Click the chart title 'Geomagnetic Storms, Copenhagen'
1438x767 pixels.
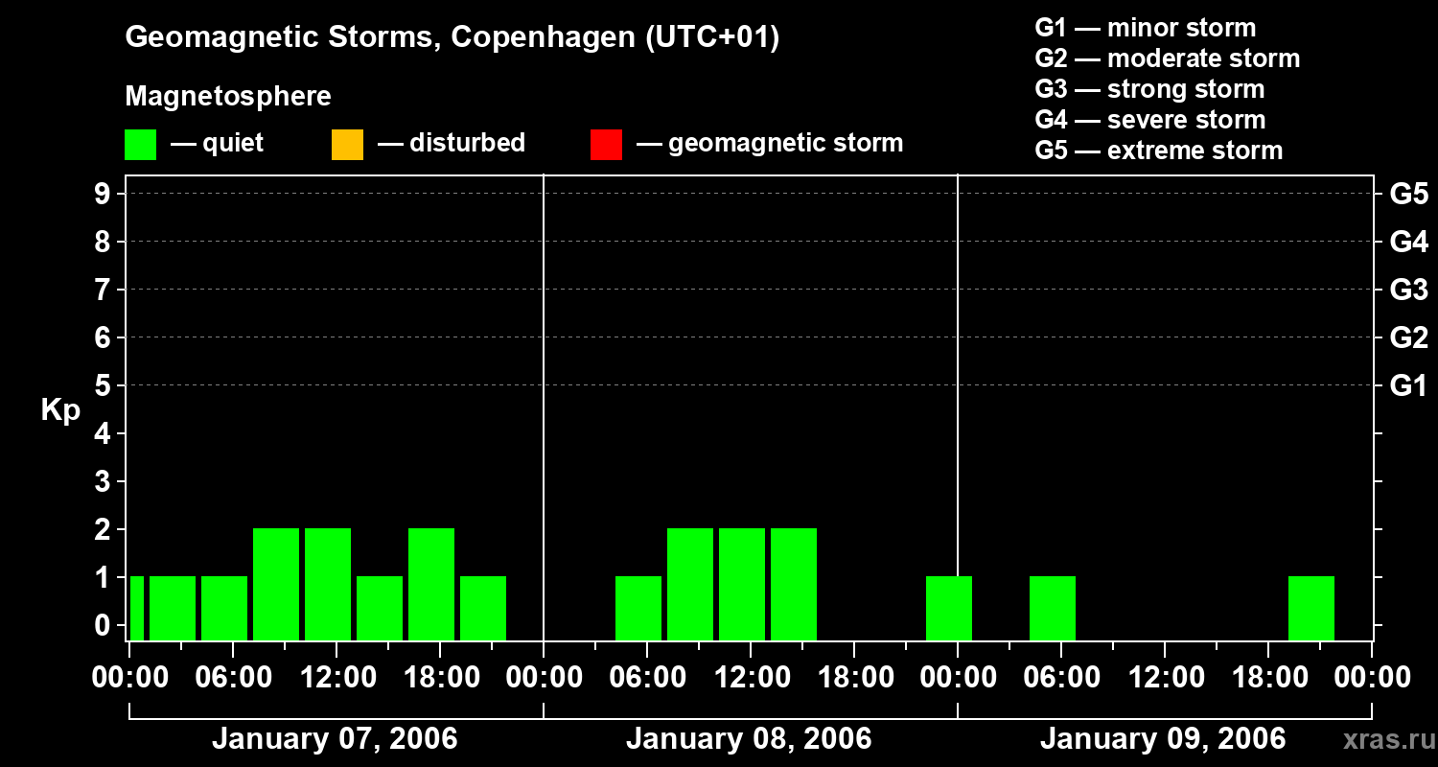click(x=452, y=37)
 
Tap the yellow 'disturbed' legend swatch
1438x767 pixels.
click(x=347, y=144)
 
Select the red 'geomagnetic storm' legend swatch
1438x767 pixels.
click(x=606, y=144)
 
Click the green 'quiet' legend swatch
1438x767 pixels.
click(x=141, y=144)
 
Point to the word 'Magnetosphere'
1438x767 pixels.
click(x=228, y=97)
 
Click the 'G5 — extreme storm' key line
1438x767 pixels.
click(x=1158, y=151)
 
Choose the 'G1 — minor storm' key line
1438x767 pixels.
click(x=1145, y=28)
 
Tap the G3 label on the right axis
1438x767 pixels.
click(x=1408, y=290)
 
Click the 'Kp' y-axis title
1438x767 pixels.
click(x=60, y=410)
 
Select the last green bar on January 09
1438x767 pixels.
click(x=1310, y=608)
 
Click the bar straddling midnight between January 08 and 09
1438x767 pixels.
click(x=948, y=608)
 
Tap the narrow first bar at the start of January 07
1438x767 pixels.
click(x=137, y=608)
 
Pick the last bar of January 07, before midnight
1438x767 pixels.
click(x=482, y=608)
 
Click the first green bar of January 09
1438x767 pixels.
click(x=1052, y=608)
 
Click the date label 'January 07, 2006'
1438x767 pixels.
click(x=335, y=739)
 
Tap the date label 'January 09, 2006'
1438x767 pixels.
click(x=1162, y=739)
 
